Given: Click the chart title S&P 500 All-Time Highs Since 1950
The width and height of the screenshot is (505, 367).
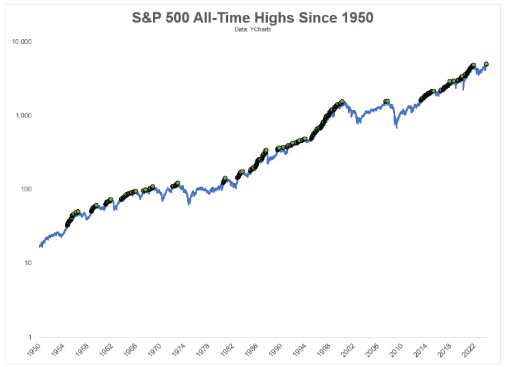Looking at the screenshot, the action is click(x=253, y=17).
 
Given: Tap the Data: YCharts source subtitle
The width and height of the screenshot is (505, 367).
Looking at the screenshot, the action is click(x=253, y=29).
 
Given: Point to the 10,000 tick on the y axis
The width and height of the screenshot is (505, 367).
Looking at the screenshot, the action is click(x=22, y=42).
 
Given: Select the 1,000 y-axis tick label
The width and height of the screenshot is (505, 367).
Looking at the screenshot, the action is click(x=23, y=115).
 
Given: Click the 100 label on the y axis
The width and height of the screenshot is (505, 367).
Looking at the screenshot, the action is click(x=26, y=189).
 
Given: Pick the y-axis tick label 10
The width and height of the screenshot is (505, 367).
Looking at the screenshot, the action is click(x=28, y=263).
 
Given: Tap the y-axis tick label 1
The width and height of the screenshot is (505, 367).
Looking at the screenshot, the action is click(x=30, y=337).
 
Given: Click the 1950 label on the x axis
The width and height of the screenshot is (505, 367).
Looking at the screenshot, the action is click(x=33, y=350).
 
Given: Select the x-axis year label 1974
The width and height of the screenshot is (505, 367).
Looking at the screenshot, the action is click(x=179, y=350).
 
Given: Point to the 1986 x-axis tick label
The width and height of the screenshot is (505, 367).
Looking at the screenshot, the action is click(x=251, y=350).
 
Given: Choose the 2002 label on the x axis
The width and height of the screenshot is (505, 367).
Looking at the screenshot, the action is click(x=348, y=350).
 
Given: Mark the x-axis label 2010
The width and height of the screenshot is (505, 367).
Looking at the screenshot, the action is click(x=396, y=350).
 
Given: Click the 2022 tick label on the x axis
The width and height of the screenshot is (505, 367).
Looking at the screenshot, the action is click(x=469, y=350).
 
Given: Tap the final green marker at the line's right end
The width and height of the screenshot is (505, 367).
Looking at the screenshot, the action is click(x=487, y=64).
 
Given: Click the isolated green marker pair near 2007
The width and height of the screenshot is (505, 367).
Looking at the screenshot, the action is click(x=387, y=101).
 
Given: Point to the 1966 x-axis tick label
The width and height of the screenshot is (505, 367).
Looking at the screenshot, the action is click(x=131, y=350).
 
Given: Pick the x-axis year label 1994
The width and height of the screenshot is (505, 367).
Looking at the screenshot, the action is click(x=299, y=350).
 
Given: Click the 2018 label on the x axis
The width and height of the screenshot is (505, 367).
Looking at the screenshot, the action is click(x=444, y=350).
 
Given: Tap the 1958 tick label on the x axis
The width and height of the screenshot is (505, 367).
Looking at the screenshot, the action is click(x=82, y=350).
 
